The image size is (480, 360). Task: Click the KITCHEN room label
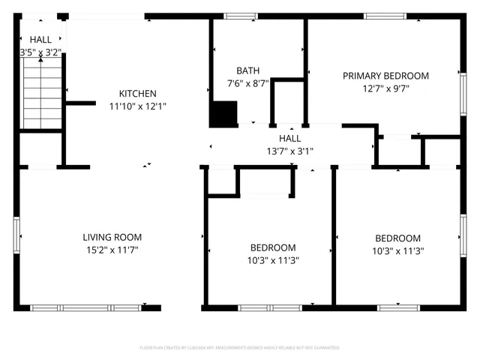click(x=137, y=94)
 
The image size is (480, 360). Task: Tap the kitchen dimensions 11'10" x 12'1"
click(x=137, y=106)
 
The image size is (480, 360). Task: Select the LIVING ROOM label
click(x=112, y=237)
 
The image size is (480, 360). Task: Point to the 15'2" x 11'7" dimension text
click(x=112, y=250)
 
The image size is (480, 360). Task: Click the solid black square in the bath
click(x=222, y=114)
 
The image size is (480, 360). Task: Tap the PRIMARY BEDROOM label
click(x=385, y=76)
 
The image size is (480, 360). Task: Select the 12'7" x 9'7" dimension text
click(x=385, y=88)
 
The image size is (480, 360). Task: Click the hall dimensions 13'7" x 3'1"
click(x=289, y=151)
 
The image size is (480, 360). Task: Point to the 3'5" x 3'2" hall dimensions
click(x=40, y=52)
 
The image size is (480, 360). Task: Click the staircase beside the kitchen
click(x=41, y=92)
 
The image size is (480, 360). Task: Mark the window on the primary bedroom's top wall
click(x=385, y=16)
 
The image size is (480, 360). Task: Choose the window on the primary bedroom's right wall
click(x=463, y=93)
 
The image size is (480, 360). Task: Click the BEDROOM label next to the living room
click(x=272, y=247)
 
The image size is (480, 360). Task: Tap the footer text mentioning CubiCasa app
click(x=240, y=348)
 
